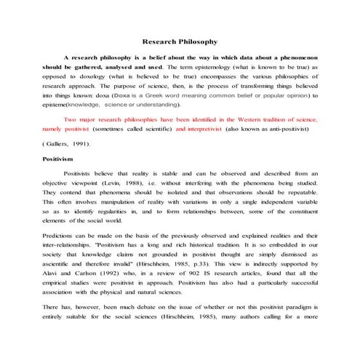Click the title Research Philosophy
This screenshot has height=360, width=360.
(179, 41)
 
